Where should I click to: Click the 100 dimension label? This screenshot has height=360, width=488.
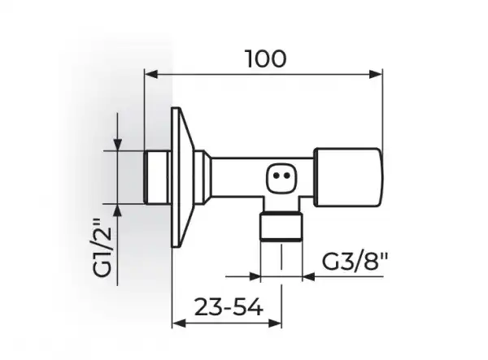tap(266, 59)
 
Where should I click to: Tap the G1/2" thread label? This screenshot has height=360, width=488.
tap(102, 248)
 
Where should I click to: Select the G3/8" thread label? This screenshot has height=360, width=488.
tap(355, 262)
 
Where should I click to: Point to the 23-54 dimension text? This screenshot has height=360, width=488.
tap(229, 307)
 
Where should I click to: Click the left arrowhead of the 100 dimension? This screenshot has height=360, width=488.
tap(151, 74)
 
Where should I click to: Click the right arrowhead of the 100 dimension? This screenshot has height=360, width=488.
tap(375, 74)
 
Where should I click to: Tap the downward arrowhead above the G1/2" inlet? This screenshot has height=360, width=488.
tap(117, 145)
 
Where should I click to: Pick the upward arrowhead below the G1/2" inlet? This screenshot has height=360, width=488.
tap(117, 210)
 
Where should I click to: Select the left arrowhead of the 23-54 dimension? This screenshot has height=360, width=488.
tap(179, 323)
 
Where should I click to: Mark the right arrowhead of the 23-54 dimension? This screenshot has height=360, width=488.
tap(275, 323)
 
